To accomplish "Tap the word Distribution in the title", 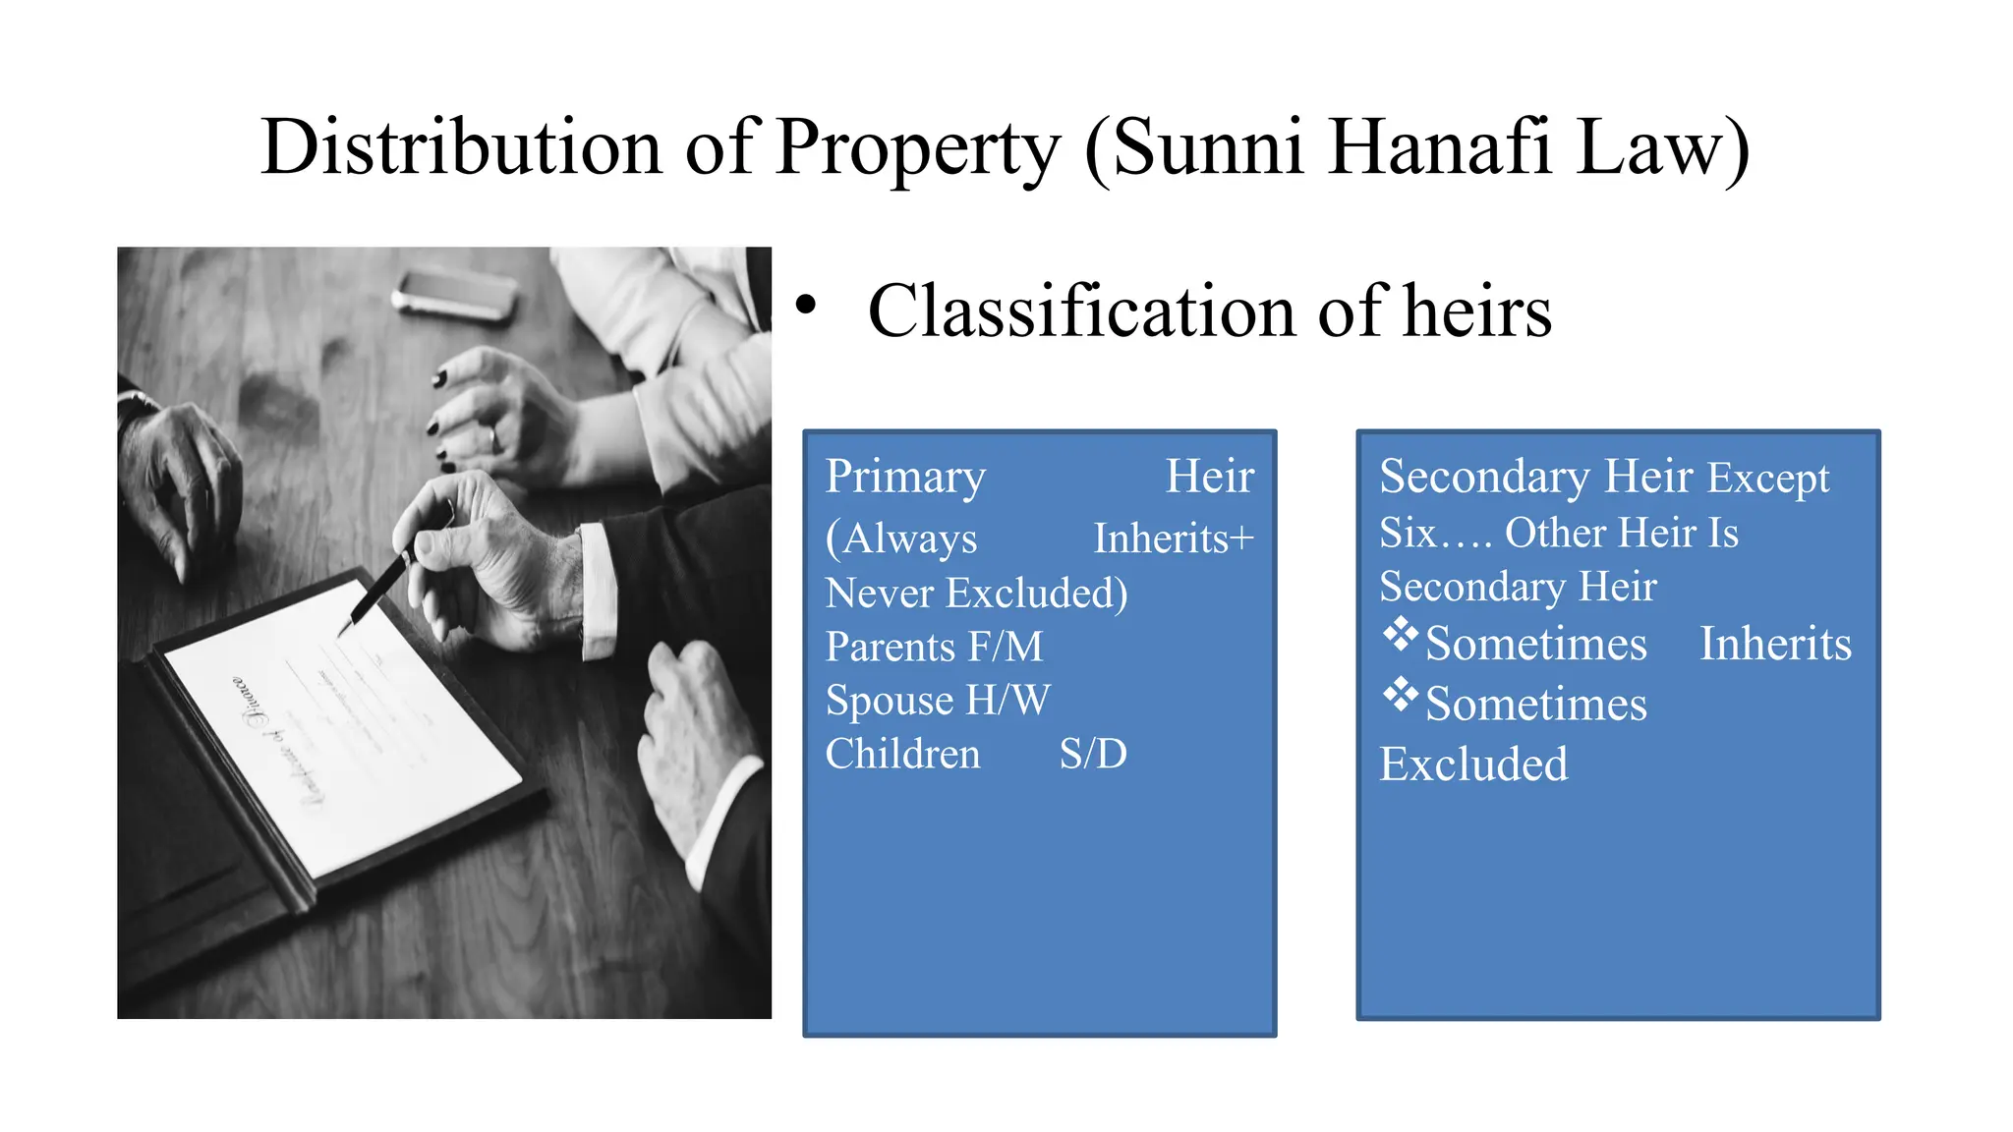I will coord(461,147).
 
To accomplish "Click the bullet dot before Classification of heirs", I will coord(806,306).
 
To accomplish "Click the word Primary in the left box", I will coord(905,478).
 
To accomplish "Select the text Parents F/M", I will coord(934,647).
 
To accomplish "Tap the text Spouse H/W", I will coord(938,701).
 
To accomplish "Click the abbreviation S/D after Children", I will coord(1093,754).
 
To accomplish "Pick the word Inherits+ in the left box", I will coord(1174,538).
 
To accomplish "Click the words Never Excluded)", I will coord(976,594).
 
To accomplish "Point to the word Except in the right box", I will coord(1767,479).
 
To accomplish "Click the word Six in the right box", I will coord(1408,533).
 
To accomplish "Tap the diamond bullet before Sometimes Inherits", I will coord(1400,635).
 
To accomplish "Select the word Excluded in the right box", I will coord(1472,764).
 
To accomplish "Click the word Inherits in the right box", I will coord(1775,645).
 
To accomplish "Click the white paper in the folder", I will coord(344,727).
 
